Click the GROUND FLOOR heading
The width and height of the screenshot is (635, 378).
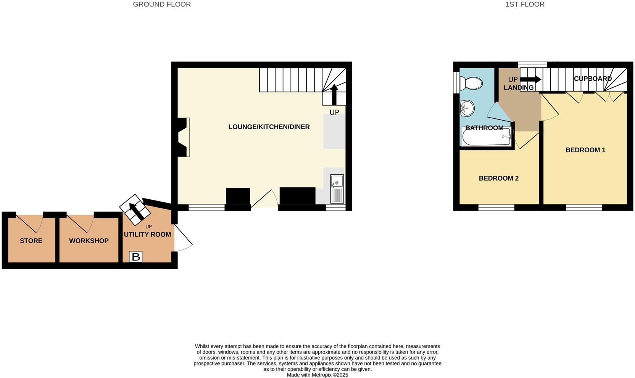[162, 5]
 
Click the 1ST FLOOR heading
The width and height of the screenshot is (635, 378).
[525, 5]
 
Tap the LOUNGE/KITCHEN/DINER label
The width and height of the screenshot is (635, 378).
[269, 127]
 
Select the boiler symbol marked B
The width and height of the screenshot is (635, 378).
[136, 257]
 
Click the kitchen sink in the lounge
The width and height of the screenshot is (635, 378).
[337, 189]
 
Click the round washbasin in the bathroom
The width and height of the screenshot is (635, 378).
[467, 108]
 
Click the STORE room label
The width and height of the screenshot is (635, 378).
[31, 241]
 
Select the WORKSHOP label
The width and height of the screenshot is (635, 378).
[89, 241]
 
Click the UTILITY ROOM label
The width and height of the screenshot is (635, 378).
[147, 234]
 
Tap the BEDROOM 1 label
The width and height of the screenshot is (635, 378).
[585, 150]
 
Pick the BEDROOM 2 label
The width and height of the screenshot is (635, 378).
[499, 178]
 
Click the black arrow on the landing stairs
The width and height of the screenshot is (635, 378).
[530, 79]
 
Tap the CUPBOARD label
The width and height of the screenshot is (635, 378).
[593, 79]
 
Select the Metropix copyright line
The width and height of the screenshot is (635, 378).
[317, 375]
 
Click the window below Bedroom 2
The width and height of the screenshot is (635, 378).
[496, 208]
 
